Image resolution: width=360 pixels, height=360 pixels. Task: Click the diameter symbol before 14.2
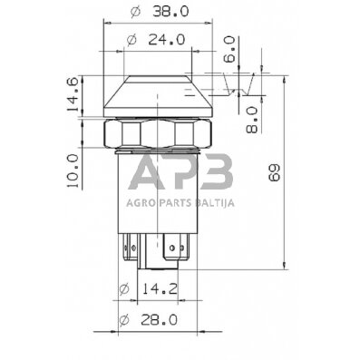(x=126, y=290)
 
